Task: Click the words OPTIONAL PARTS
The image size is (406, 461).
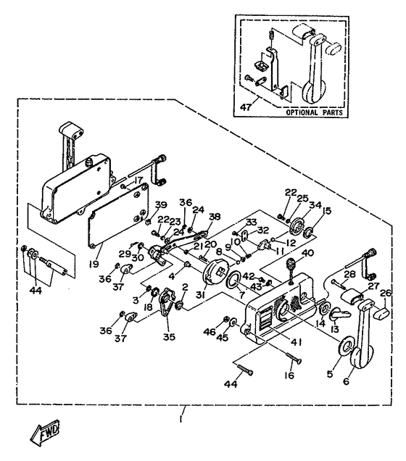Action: pyautogui.click(x=314, y=112)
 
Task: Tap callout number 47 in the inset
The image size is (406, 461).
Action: pyautogui.click(x=246, y=107)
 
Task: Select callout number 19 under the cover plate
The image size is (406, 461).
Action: pyautogui.click(x=94, y=264)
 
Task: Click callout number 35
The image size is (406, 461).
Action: pyautogui.click(x=169, y=337)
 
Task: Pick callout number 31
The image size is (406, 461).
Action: pyautogui.click(x=201, y=295)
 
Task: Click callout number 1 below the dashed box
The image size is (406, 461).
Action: pyautogui.click(x=181, y=419)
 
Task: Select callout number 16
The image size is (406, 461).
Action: pyautogui.click(x=289, y=375)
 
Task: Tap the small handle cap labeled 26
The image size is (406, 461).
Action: pyautogui.click(x=382, y=312)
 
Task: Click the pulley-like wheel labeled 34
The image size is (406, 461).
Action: pyautogui.click(x=297, y=226)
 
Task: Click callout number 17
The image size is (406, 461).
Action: pyautogui.click(x=138, y=180)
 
